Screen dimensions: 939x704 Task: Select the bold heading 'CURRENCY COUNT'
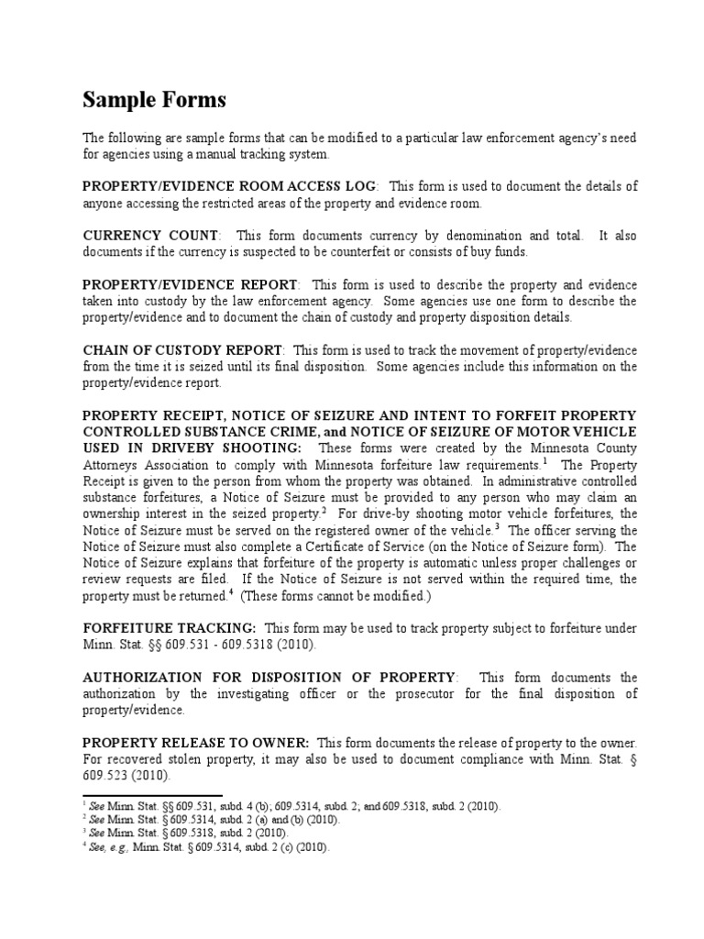click(150, 236)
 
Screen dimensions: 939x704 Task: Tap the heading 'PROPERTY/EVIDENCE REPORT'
click(190, 285)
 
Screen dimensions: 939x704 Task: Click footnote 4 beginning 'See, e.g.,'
click(199, 848)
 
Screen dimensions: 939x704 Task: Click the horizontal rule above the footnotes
click(152, 797)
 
